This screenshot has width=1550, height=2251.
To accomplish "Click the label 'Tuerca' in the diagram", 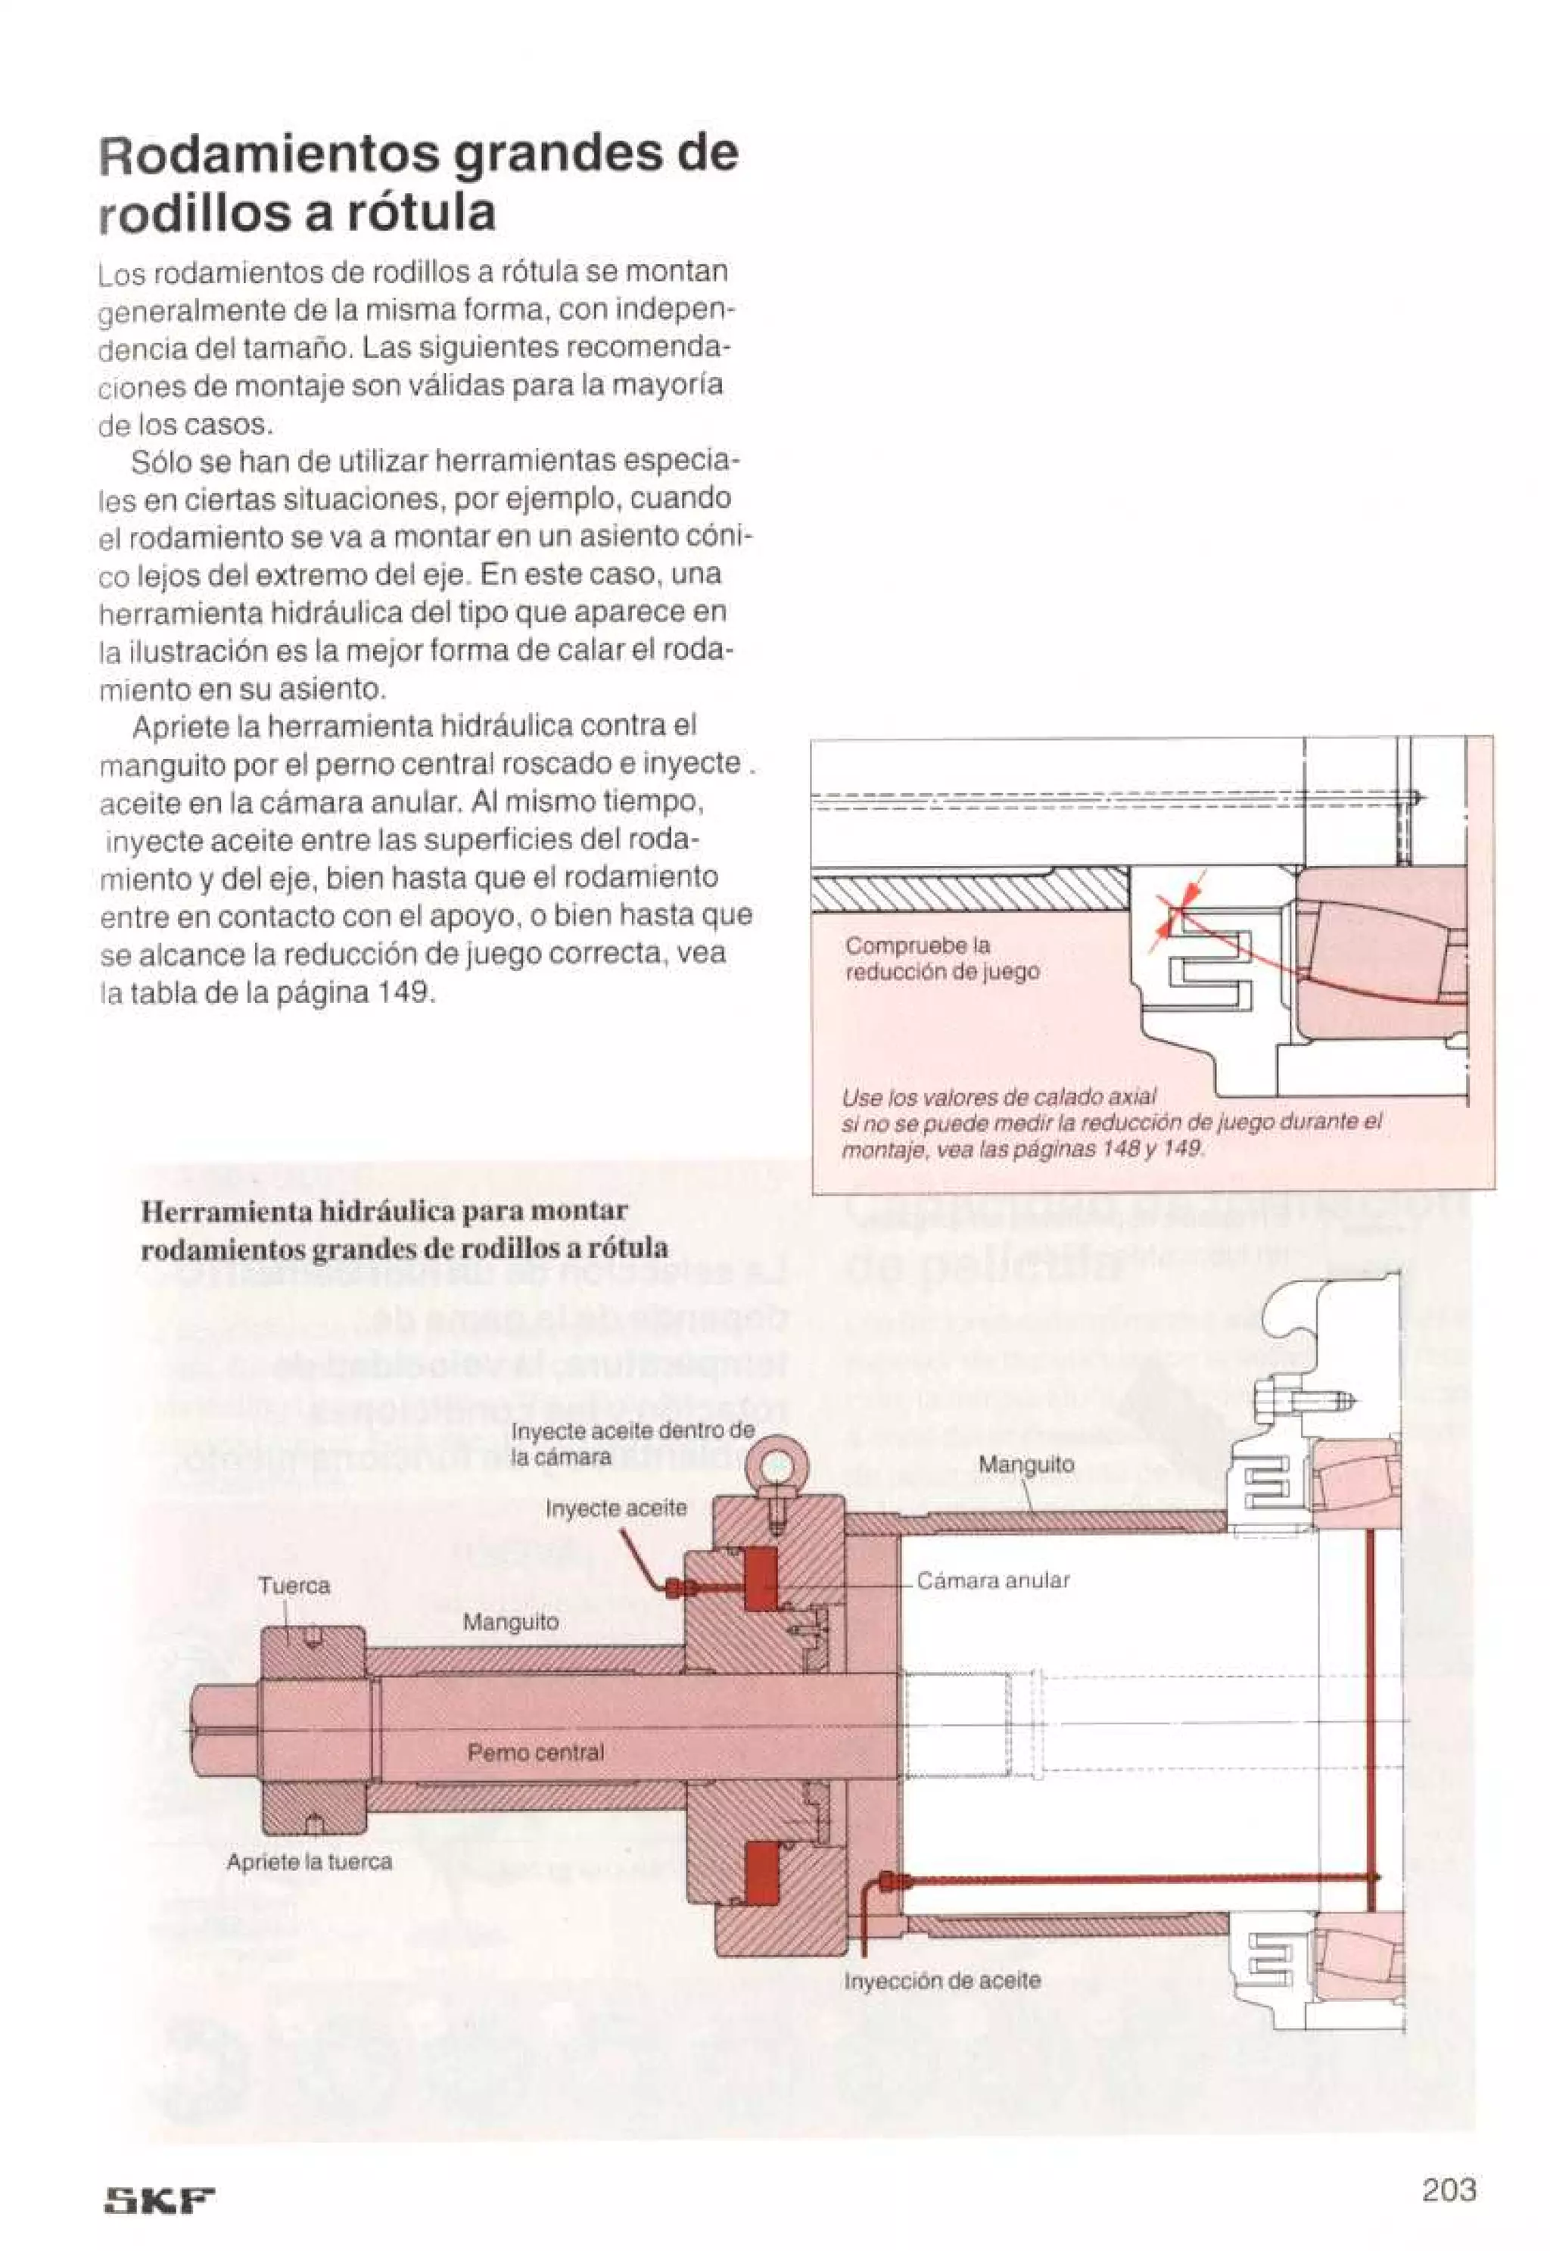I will pos(294,1586).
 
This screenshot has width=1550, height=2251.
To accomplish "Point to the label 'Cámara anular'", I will pos(992,1580).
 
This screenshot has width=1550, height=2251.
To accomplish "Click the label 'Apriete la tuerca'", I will pos(309,1862).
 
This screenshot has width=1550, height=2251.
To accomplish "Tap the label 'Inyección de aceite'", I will pos(942,1980).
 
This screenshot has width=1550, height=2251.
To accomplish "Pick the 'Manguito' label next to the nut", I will pos(510,1622).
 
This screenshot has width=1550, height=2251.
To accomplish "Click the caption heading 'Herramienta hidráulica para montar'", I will pos(384,1211).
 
